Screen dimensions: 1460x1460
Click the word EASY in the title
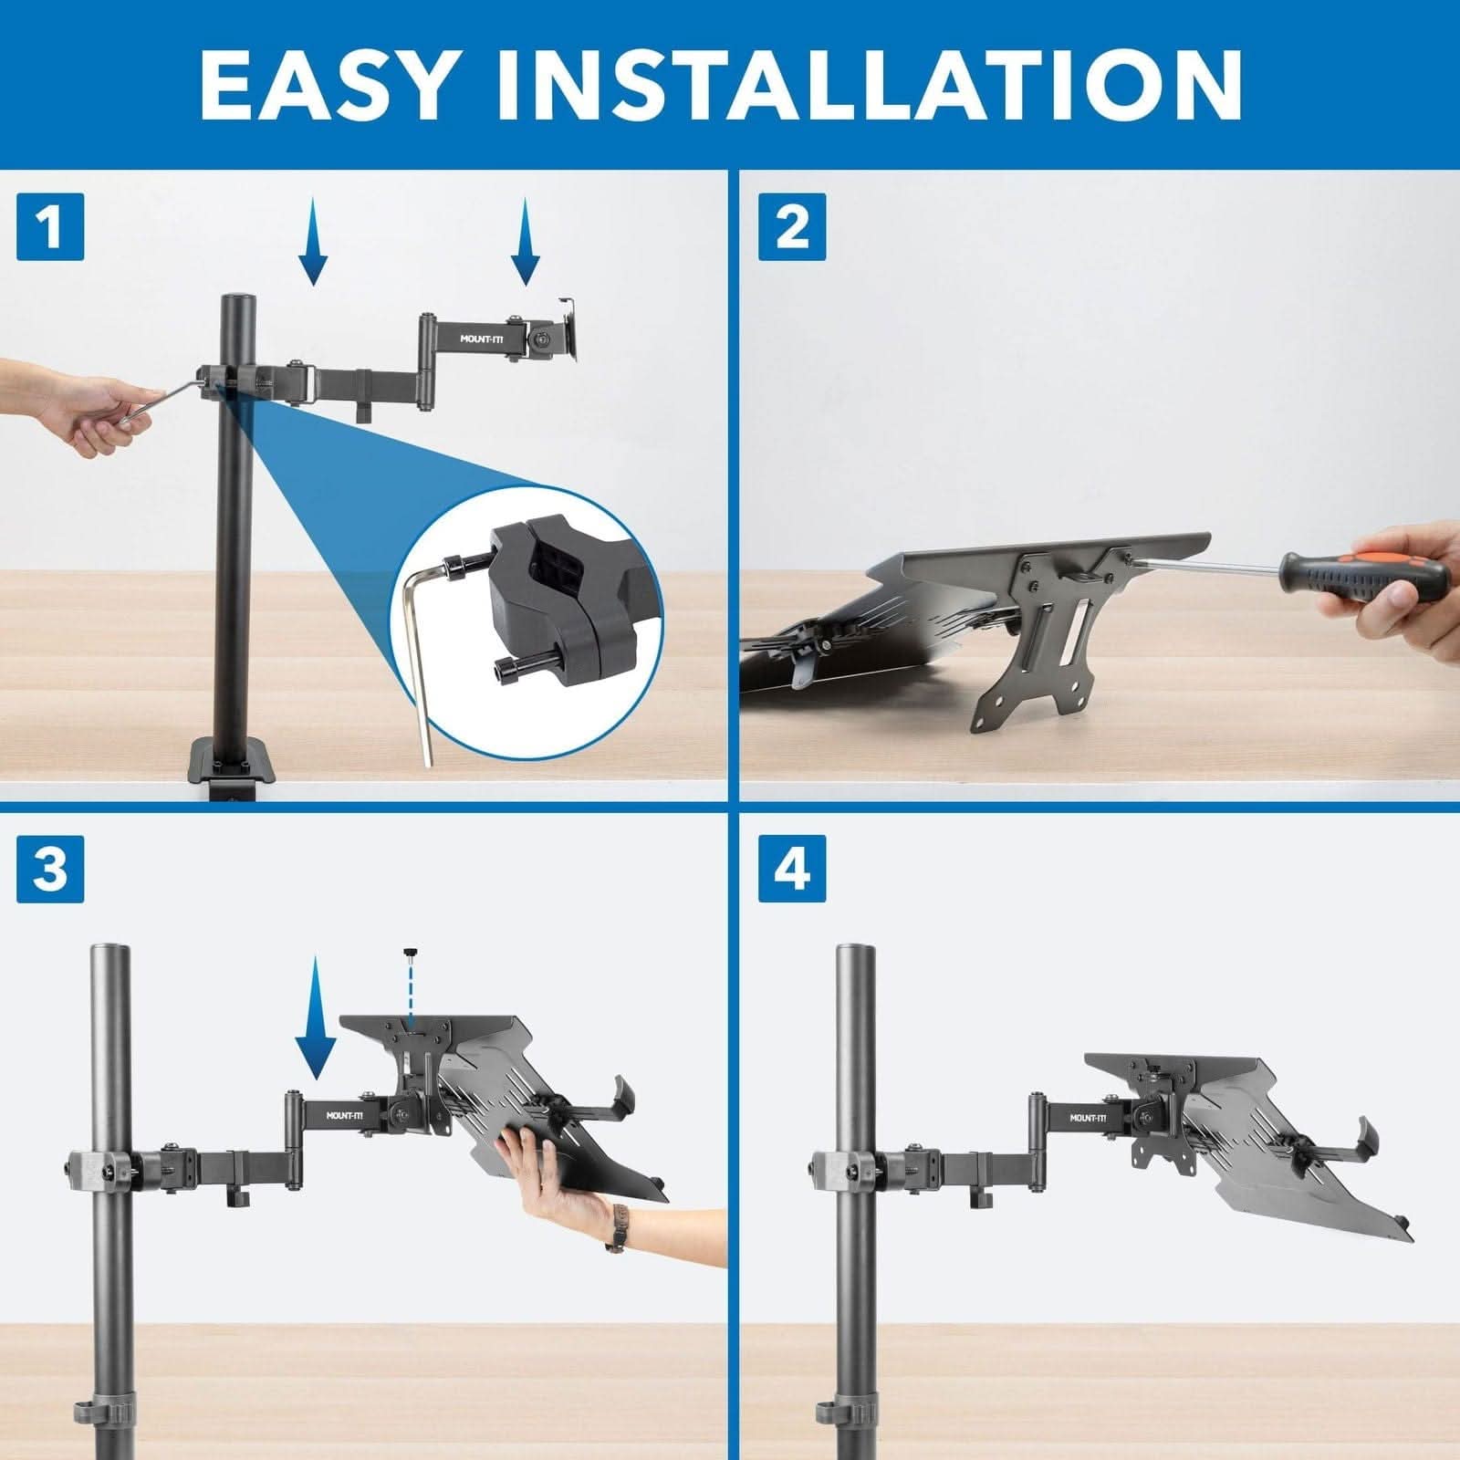pyautogui.click(x=324, y=84)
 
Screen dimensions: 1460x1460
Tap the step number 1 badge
pyautogui.click(x=50, y=226)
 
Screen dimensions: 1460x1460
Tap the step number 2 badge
pyautogui.click(x=791, y=226)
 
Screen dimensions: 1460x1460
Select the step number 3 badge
pyautogui.click(x=50, y=868)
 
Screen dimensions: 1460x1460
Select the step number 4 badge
pyautogui.click(x=791, y=868)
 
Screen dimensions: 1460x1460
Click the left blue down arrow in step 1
pyautogui.click(x=312, y=242)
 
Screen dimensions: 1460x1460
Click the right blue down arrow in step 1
pyautogui.click(x=525, y=242)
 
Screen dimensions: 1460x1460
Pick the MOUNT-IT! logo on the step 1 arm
pyautogui.click(x=487, y=339)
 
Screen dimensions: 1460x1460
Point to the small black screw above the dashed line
pyautogui.click(x=412, y=954)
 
